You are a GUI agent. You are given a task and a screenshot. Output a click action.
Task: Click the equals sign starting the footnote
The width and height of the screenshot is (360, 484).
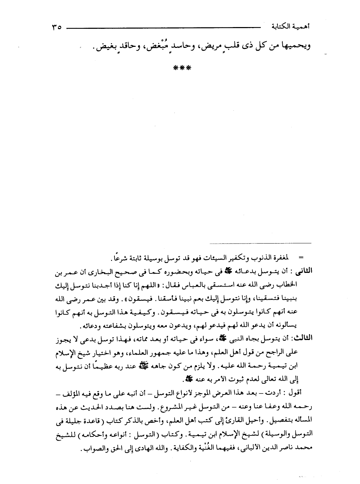[300, 257]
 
